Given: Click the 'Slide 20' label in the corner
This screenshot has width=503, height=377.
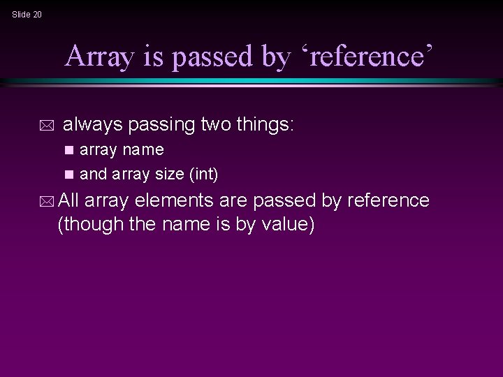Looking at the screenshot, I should pyautogui.click(x=27, y=14).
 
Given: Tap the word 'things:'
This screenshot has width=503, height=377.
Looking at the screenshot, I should pyautogui.click(x=267, y=126).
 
